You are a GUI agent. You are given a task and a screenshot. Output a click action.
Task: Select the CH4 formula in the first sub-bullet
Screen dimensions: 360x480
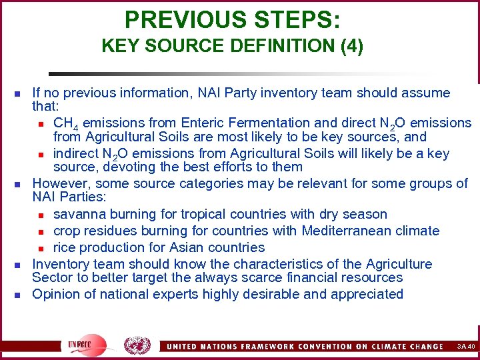pos(63,123)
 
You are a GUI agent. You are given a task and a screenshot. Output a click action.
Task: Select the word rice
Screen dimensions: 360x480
pos(65,247)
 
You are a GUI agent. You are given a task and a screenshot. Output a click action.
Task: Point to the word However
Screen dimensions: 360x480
pos(59,183)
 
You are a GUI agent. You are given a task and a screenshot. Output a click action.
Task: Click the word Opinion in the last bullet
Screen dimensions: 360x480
pos(57,294)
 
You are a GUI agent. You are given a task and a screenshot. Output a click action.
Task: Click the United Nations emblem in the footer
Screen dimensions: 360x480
pos(137,345)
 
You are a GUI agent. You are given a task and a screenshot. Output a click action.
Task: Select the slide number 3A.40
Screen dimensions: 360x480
pos(466,347)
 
